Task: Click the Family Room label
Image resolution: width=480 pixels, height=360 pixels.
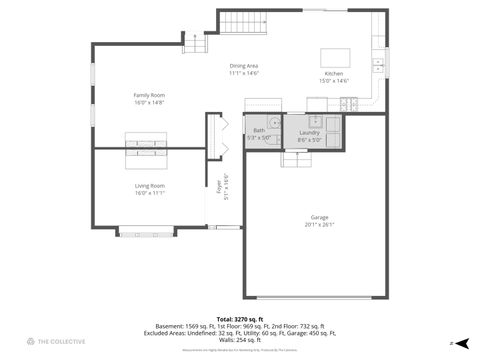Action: pos(148,95)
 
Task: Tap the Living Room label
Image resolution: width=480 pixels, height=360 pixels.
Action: pos(150,186)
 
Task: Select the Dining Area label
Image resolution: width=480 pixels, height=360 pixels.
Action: pos(244,66)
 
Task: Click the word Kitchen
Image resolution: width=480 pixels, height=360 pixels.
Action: pos(333,74)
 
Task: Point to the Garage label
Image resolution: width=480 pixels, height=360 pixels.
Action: pos(320,217)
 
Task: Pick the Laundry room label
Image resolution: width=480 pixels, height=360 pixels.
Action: pos(309,132)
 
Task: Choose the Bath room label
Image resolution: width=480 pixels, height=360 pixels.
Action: pos(259,131)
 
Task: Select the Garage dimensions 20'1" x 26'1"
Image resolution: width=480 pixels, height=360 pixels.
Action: pos(320,224)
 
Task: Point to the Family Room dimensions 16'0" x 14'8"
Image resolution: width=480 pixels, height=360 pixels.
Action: pos(148,102)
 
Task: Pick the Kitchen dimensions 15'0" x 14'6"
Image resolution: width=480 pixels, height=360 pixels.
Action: pos(333,81)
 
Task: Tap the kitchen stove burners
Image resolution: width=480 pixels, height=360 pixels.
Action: pos(351,104)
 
